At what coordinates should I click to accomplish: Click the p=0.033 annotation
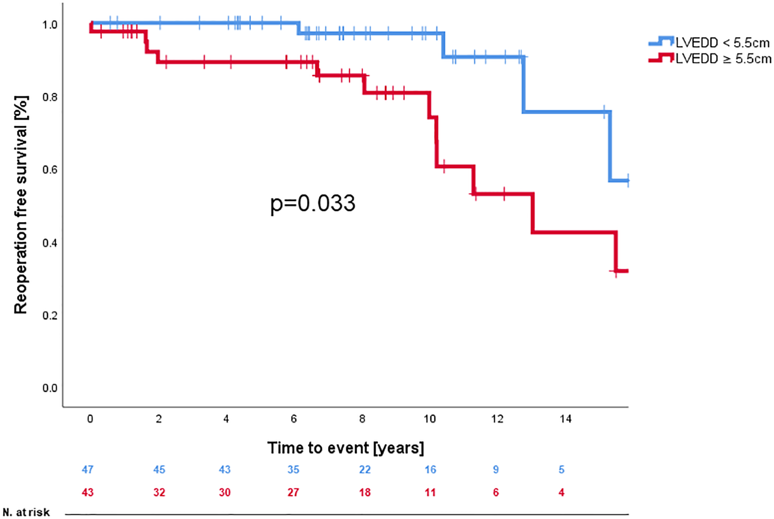[313, 203]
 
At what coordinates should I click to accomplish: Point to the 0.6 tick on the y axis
[50, 170]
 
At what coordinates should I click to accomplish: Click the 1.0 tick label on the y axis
[50, 24]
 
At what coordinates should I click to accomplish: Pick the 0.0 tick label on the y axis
[50, 388]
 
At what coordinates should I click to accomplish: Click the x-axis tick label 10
[430, 419]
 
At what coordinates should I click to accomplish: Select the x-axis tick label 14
[565, 419]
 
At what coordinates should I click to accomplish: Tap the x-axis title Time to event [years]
[346, 447]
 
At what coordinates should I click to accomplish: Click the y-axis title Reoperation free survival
[21, 205]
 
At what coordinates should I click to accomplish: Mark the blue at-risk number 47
[88, 469]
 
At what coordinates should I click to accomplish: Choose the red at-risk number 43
[88, 492]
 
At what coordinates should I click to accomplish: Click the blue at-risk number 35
[293, 469]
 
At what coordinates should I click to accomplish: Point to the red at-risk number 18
[365, 492]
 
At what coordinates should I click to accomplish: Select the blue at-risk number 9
[496, 469]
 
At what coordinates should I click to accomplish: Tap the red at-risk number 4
[561, 492]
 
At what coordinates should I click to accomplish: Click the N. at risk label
[26, 512]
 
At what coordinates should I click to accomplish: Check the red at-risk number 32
[159, 492]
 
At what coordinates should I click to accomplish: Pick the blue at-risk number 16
[430, 469]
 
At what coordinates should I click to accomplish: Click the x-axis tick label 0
[90, 419]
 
